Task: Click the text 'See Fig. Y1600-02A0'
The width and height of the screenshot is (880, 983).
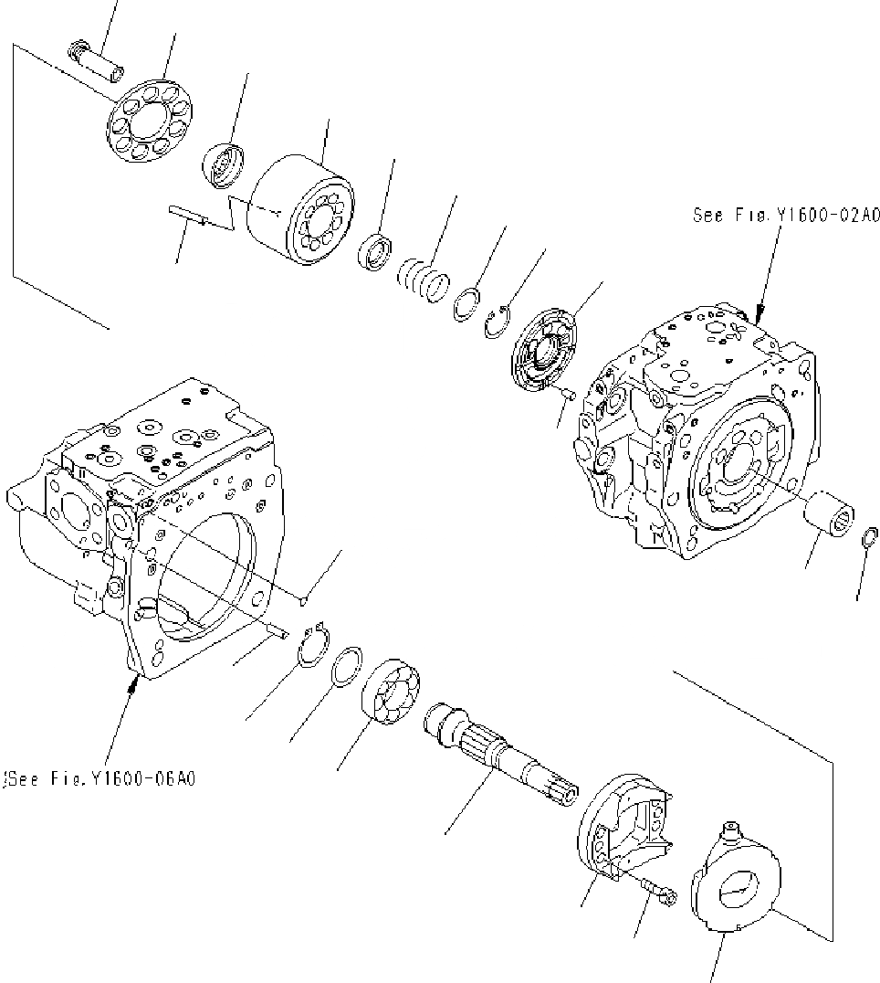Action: [x=786, y=216]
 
